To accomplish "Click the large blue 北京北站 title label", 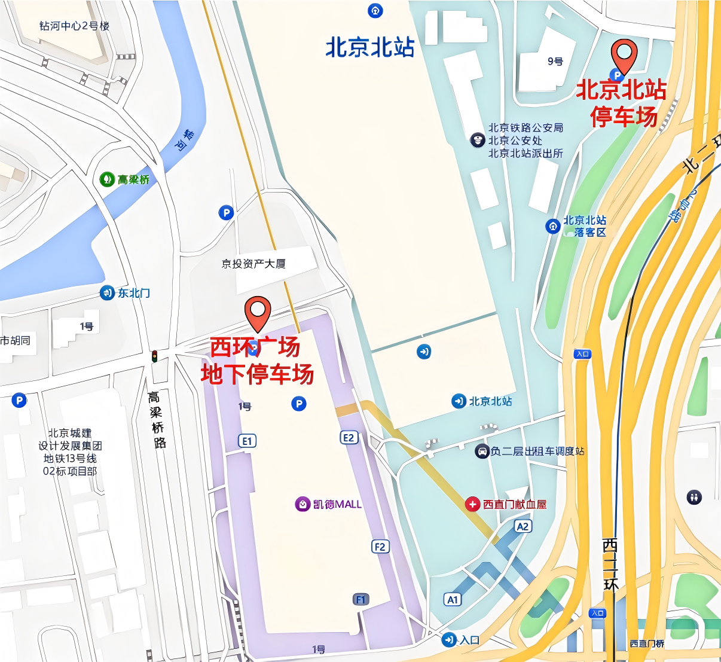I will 369,47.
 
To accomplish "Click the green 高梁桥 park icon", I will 107,179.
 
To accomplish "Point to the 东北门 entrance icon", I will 107,292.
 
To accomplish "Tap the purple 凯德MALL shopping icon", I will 303,504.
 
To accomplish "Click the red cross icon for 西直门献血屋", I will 472,504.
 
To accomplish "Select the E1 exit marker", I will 247,441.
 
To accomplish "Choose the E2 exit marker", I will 349,437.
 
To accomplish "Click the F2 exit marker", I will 380,546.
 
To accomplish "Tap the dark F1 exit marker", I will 360,599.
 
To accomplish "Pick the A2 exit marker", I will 523,526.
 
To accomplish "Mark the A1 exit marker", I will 453,599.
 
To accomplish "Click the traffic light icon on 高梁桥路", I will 154,356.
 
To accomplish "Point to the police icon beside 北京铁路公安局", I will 477,141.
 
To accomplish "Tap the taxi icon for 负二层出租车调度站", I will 482,451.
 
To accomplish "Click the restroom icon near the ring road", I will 694,497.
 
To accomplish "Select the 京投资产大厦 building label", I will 253,264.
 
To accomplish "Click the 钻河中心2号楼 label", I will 74,26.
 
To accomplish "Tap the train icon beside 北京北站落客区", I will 552,226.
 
